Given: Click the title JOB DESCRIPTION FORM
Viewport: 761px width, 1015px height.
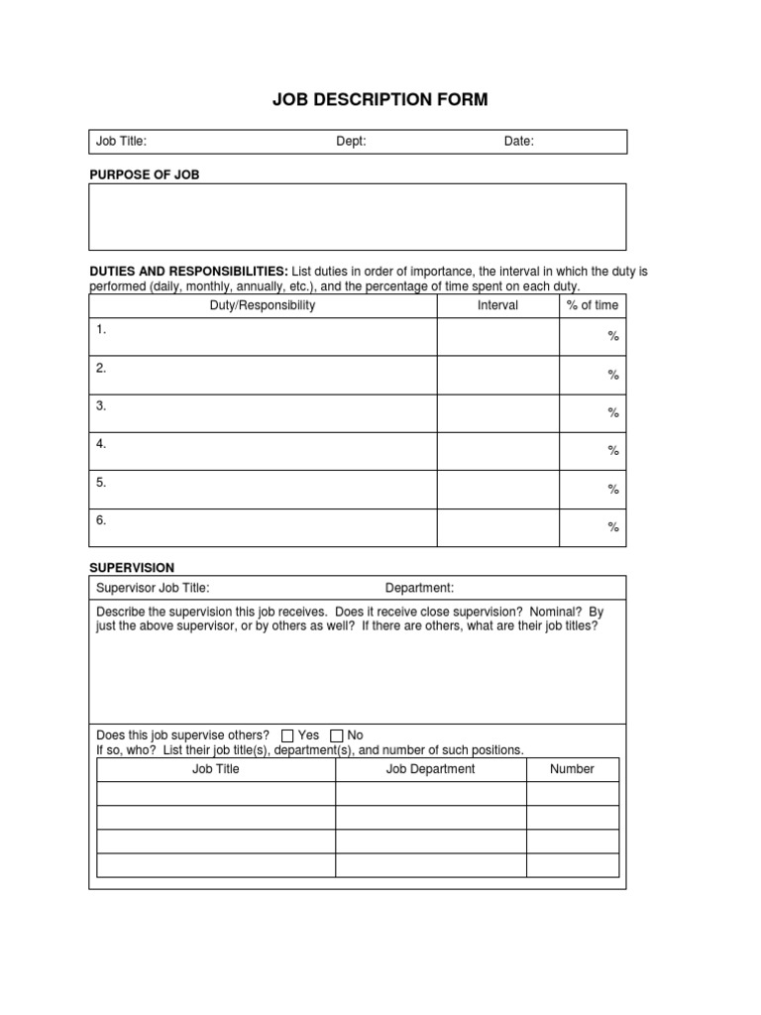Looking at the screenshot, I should [x=380, y=100].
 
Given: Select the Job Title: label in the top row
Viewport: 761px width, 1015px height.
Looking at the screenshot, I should [x=121, y=142].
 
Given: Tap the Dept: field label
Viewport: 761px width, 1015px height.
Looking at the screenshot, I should [x=351, y=142].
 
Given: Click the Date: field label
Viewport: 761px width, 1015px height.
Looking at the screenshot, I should [x=518, y=142].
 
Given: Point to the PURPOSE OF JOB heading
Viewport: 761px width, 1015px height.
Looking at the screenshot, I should [x=145, y=174].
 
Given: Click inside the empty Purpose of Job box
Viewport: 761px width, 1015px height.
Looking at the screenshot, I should [x=358, y=216].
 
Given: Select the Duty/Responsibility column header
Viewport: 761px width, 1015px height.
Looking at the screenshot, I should [x=263, y=305].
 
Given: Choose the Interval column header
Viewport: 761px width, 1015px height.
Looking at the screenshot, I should [x=497, y=305].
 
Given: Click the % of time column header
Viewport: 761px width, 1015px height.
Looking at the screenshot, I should [x=593, y=305].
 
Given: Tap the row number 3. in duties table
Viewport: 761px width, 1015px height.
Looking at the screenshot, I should [x=101, y=405].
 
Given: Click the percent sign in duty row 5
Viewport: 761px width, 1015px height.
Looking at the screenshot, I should [x=613, y=490].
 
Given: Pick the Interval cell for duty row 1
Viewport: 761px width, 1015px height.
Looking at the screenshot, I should [x=497, y=337].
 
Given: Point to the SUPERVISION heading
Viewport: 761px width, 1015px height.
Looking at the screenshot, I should [x=132, y=568].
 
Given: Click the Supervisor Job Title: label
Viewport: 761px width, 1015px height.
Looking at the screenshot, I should [x=153, y=588].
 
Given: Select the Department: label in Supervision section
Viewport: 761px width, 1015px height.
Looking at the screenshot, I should [x=419, y=588].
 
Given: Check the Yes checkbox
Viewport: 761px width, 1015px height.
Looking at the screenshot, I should [x=288, y=735].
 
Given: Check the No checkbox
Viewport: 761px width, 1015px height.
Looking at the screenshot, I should [x=337, y=735].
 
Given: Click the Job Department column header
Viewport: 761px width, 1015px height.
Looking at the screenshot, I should [x=430, y=769].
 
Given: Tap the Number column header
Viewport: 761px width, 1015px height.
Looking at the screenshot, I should [x=572, y=769].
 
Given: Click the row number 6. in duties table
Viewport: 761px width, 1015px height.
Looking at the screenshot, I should [x=101, y=519].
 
